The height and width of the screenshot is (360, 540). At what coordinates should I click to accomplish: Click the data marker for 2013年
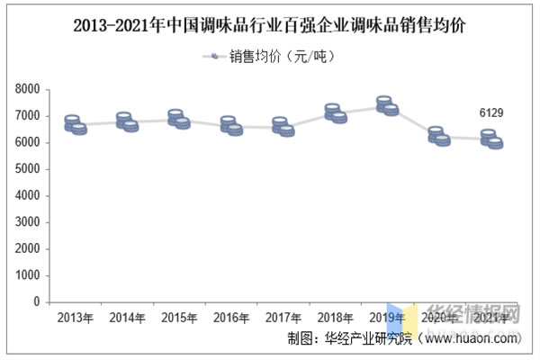click(76, 125)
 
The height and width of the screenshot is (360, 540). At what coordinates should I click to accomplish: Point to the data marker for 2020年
click(439, 137)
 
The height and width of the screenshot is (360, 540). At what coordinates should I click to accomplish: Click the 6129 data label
click(491, 112)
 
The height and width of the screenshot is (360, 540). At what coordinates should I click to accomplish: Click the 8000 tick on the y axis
click(29, 90)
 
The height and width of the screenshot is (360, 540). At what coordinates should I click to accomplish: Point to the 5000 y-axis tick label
click(29, 169)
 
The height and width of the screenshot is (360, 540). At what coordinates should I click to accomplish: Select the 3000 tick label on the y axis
click(29, 222)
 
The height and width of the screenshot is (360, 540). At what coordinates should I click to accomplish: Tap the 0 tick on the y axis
click(37, 302)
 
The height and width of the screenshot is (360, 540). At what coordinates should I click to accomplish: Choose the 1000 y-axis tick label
click(29, 275)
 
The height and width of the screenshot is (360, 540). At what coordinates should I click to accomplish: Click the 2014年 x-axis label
click(128, 317)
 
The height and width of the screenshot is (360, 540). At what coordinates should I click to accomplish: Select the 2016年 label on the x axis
click(232, 317)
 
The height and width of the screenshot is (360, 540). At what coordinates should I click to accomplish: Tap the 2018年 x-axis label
click(336, 317)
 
